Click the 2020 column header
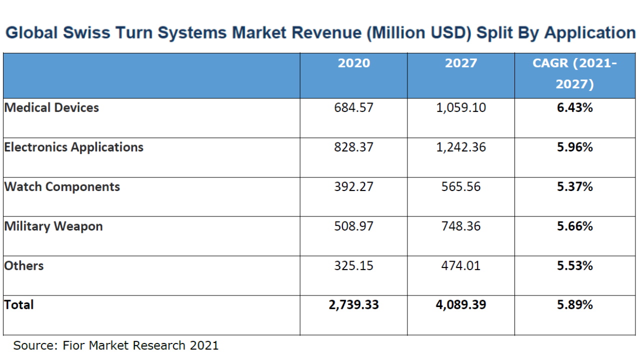pyautogui.click(x=353, y=63)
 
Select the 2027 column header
pyautogui.click(x=460, y=63)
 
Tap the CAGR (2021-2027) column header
pyautogui.click(x=574, y=73)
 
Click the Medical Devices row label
pyautogui.click(x=51, y=107)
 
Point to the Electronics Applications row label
pyautogui.click(x=73, y=147)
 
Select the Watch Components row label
pyautogui.click(x=62, y=186)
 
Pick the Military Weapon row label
pyautogui.click(x=53, y=226)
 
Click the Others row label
pyautogui.click(x=24, y=265)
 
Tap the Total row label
pyautogui.click(x=19, y=304)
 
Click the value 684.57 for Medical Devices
pyautogui.click(x=353, y=107)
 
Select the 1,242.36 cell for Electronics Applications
pyautogui.click(x=460, y=147)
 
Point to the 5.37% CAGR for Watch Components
pyautogui.click(x=574, y=186)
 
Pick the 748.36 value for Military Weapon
pyautogui.click(x=460, y=226)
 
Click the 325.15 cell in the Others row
pyautogui.click(x=353, y=265)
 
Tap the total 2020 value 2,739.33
pyautogui.click(x=353, y=304)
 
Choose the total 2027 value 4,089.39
pyautogui.click(x=460, y=304)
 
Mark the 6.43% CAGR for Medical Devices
pyautogui.click(x=574, y=107)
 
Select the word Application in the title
pyautogui.click(x=589, y=33)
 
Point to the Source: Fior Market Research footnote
pyautogui.click(x=115, y=345)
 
